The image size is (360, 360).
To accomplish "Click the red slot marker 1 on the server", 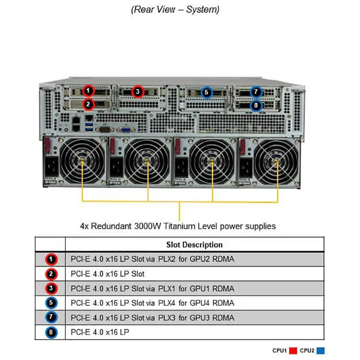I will coord(89,90).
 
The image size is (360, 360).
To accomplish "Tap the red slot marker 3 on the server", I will coord(138,92).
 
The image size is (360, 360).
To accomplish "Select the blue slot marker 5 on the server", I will coord(206,93).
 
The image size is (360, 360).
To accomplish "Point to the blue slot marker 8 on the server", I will coord(256,106).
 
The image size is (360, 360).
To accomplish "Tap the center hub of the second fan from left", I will coord(147,161).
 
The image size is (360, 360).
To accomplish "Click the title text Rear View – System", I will coord(175,9).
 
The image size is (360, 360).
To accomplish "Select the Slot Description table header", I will coord(194,245).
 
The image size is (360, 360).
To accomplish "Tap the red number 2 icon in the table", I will coord(51,274).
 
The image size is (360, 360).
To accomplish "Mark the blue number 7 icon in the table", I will coord(51,318).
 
